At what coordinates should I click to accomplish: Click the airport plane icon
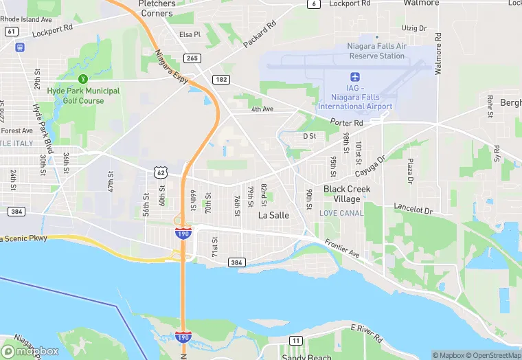[355, 76]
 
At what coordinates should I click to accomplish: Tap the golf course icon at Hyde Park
[83, 79]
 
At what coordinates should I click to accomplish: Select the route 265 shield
[192, 58]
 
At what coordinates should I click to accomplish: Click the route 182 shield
[220, 80]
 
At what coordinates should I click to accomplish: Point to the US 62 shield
[160, 172]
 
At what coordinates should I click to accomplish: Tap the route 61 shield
[11, 31]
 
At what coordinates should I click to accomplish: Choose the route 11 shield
[295, 341]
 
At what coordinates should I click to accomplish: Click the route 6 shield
[314, 4]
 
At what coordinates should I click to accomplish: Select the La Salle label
[273, 215]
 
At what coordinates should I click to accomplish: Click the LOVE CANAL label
[341, 214]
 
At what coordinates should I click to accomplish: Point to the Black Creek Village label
[347, 194]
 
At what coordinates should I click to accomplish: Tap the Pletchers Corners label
[157, 8]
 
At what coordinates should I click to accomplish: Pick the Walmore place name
[421, 3]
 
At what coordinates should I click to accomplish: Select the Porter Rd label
[345, 122]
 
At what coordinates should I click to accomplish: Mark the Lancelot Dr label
[413, 207]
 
